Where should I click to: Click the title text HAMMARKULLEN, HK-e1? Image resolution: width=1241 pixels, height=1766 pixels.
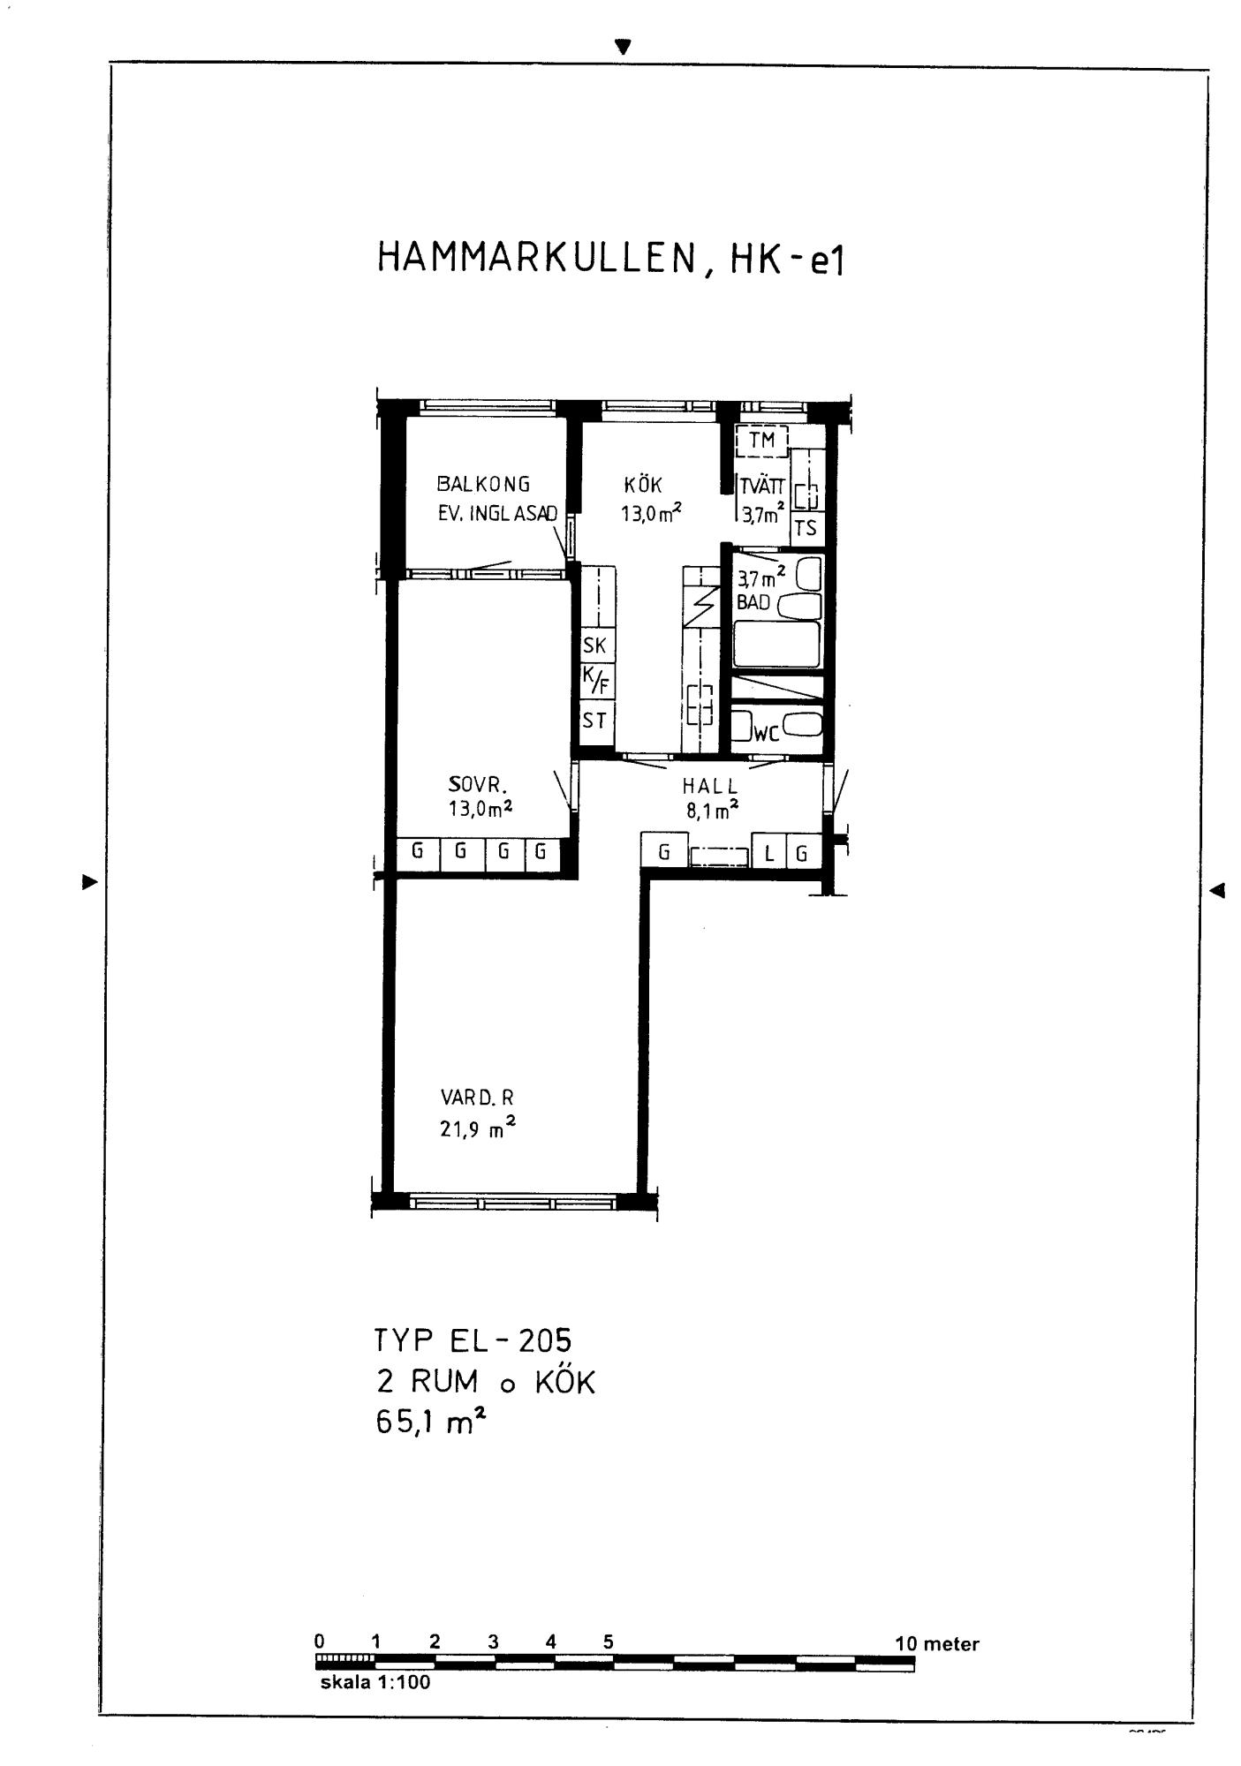point(610,258)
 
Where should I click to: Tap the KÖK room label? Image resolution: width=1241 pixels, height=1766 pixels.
point(643,485)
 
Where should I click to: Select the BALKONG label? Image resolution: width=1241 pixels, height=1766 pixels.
point(483,484)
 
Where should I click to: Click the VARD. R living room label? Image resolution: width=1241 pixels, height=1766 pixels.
point(477,1098)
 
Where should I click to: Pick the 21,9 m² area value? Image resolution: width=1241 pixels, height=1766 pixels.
point(478,1128)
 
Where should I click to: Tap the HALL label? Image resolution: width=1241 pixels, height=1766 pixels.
point(710,786)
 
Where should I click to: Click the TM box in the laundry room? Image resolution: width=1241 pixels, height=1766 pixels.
point(761,440)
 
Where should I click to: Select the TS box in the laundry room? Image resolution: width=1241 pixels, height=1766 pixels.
point(806,529)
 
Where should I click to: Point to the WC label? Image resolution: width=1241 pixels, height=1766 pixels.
point(765,732)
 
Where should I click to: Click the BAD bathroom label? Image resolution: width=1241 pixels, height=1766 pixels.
point(753,603)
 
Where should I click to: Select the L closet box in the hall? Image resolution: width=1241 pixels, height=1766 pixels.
point(769,853)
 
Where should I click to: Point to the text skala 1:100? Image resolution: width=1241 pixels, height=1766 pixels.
point(375,1682)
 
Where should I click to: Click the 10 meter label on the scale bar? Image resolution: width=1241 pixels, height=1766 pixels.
point(937,1643)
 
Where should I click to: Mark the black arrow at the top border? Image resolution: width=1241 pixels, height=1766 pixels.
point(624,47)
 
